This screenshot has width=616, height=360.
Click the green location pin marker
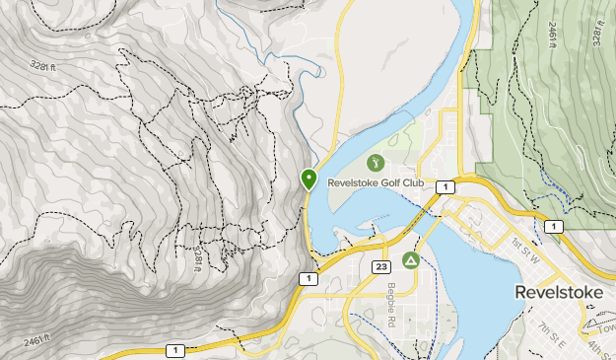click(x=308, y=180)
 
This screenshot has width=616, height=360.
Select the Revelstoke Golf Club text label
click(x=376, y=182)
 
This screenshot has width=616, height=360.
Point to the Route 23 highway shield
click(x=382, y=266)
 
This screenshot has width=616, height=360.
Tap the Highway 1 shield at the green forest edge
click(x=555, y=227)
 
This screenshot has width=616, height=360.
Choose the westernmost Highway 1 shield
click(x=174, y=349)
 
